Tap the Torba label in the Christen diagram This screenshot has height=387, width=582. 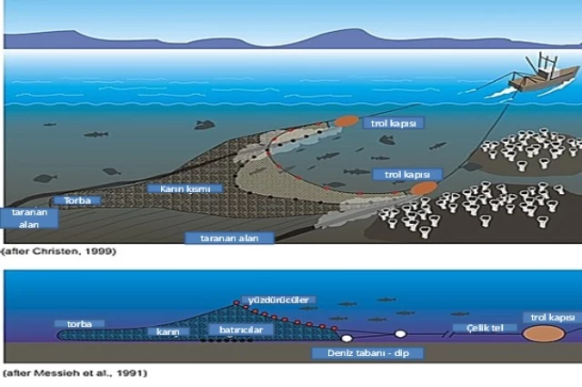72,199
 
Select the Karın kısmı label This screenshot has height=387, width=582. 178,188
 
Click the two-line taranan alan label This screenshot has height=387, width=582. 29,217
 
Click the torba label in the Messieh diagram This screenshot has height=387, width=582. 80,322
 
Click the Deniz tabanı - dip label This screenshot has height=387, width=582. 350,351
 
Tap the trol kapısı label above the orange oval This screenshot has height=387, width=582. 552,317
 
